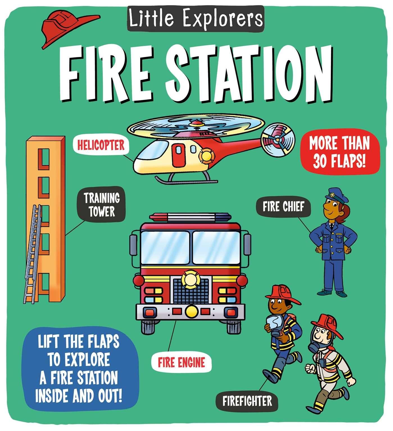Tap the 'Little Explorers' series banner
click(196, 19)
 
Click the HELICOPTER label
click(101, 145)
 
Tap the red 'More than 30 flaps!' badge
click(340, 152)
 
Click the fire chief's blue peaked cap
click(336, 195)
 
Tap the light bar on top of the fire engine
click(190, 217)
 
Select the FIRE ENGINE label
click(181, 363)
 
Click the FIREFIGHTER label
click(247, 401)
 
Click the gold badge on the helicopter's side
click(206, 157)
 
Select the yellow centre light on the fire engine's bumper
click(191, 311)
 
